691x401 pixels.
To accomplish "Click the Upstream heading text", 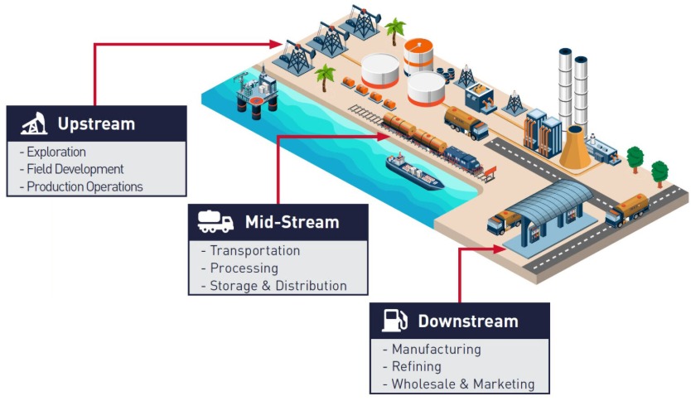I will pyautogui.click(x=95, y=124).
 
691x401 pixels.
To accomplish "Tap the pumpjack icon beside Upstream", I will pyautogui.click(x=34, y=124).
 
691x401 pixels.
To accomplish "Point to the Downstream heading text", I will pyautogui.click(x=467, y=321).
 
